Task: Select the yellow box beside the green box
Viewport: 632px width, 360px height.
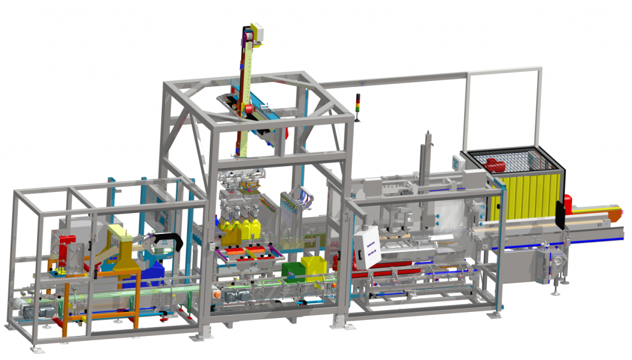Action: pyautogui.click(x=314, y=267)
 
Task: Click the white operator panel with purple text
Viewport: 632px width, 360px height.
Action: pyautogui.click(x=368, y=248)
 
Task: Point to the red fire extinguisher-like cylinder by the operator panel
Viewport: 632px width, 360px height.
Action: pyautogui.click(x=339, y=259)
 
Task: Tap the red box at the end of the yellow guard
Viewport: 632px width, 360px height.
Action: pyautogui.click(x=568, y=200)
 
